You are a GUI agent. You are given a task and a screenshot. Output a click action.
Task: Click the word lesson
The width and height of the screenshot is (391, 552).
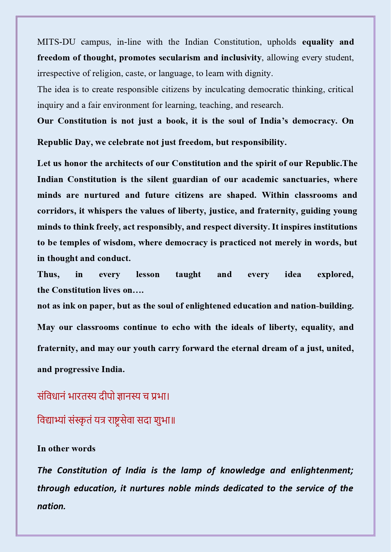[148, 275]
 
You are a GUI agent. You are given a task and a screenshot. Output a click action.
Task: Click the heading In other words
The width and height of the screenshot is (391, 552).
[66, 449]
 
